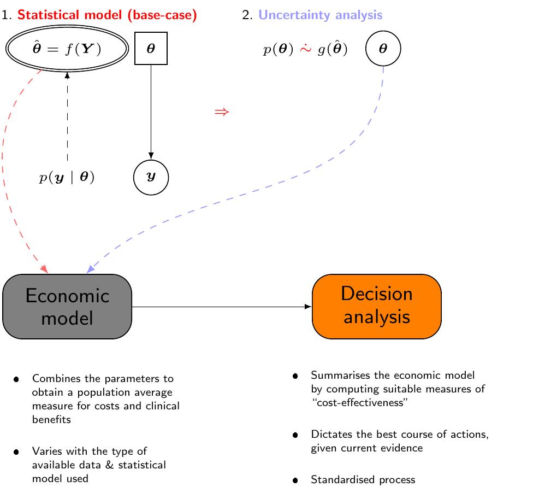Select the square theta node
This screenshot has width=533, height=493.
click(151, 49)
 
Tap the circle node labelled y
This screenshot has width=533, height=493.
click(151, 177)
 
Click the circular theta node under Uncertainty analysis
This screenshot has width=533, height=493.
click(383, 49)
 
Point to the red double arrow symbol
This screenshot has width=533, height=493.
click(221, 112)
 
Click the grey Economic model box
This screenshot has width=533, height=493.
click(67, 307)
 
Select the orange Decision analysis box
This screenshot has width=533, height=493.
click(376, 307)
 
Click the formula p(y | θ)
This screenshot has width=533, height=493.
click(67, 177)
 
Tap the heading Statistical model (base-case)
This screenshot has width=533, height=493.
click(107, 15)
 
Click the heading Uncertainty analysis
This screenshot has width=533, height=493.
click(321, 15)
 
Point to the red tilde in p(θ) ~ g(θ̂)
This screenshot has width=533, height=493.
click(306, 49)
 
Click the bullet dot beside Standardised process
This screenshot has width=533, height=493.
click(295, 480)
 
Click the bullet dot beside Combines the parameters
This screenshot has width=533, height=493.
click(16, 379)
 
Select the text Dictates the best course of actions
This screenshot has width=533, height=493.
click(399, 435)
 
